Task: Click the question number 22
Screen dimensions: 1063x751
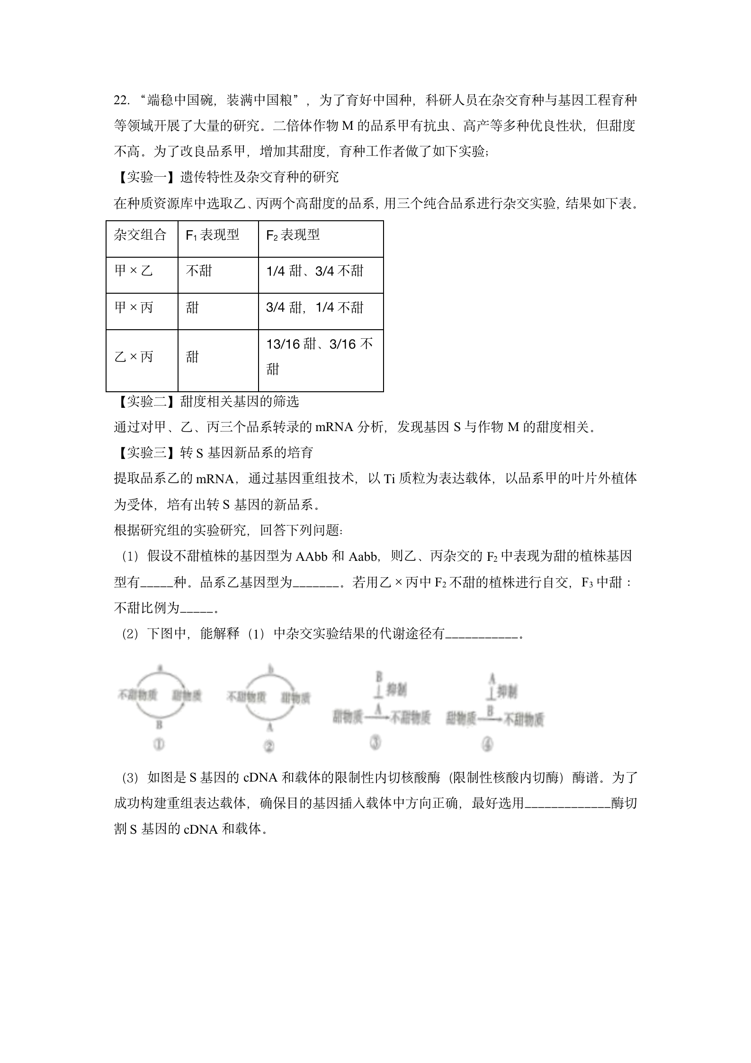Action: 121,101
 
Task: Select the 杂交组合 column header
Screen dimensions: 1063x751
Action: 140,235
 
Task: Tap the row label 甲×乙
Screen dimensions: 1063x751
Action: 134,271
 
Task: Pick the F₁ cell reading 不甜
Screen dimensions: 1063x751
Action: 199,271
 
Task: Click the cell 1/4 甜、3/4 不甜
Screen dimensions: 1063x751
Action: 315,271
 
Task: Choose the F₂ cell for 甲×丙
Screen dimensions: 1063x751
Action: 315,308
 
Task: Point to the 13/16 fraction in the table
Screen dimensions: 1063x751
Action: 283,344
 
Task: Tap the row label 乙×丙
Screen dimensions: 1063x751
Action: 134,357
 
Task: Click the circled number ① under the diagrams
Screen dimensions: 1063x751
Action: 159,745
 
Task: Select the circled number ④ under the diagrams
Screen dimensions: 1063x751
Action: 487,745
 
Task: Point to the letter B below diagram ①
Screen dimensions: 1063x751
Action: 159,725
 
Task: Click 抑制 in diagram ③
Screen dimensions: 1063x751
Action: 396,690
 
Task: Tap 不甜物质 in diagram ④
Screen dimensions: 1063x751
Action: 523,720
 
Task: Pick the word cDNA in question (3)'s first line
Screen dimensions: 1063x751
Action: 260,778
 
